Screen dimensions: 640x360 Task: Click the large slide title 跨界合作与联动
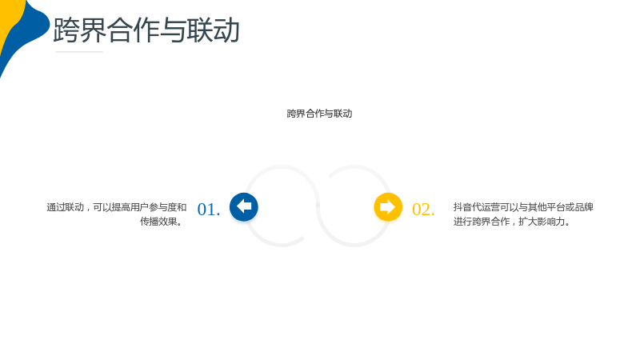pos(146,30)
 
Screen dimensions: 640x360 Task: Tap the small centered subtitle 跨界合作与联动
pos(319,114)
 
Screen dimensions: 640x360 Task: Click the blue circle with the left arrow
pos(244,207)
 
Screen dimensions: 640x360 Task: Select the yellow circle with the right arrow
pos(388,207)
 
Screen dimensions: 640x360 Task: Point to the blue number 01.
pos(209,210)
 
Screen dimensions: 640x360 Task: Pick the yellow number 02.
pos(423,210)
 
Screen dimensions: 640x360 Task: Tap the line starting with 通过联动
pos(116,207)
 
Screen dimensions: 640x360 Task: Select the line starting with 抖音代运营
pos(523,207)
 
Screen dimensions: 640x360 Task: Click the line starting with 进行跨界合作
pos(512,222)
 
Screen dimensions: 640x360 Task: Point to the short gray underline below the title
pos(79,52)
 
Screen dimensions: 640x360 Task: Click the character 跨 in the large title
pos(66,30)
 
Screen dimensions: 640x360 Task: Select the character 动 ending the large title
pos(226,30)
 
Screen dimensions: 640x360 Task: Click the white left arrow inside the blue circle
pos(244,206)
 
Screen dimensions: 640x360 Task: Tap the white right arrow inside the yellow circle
pos(388,206)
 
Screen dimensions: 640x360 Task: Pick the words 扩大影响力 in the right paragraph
pos(542,222)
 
